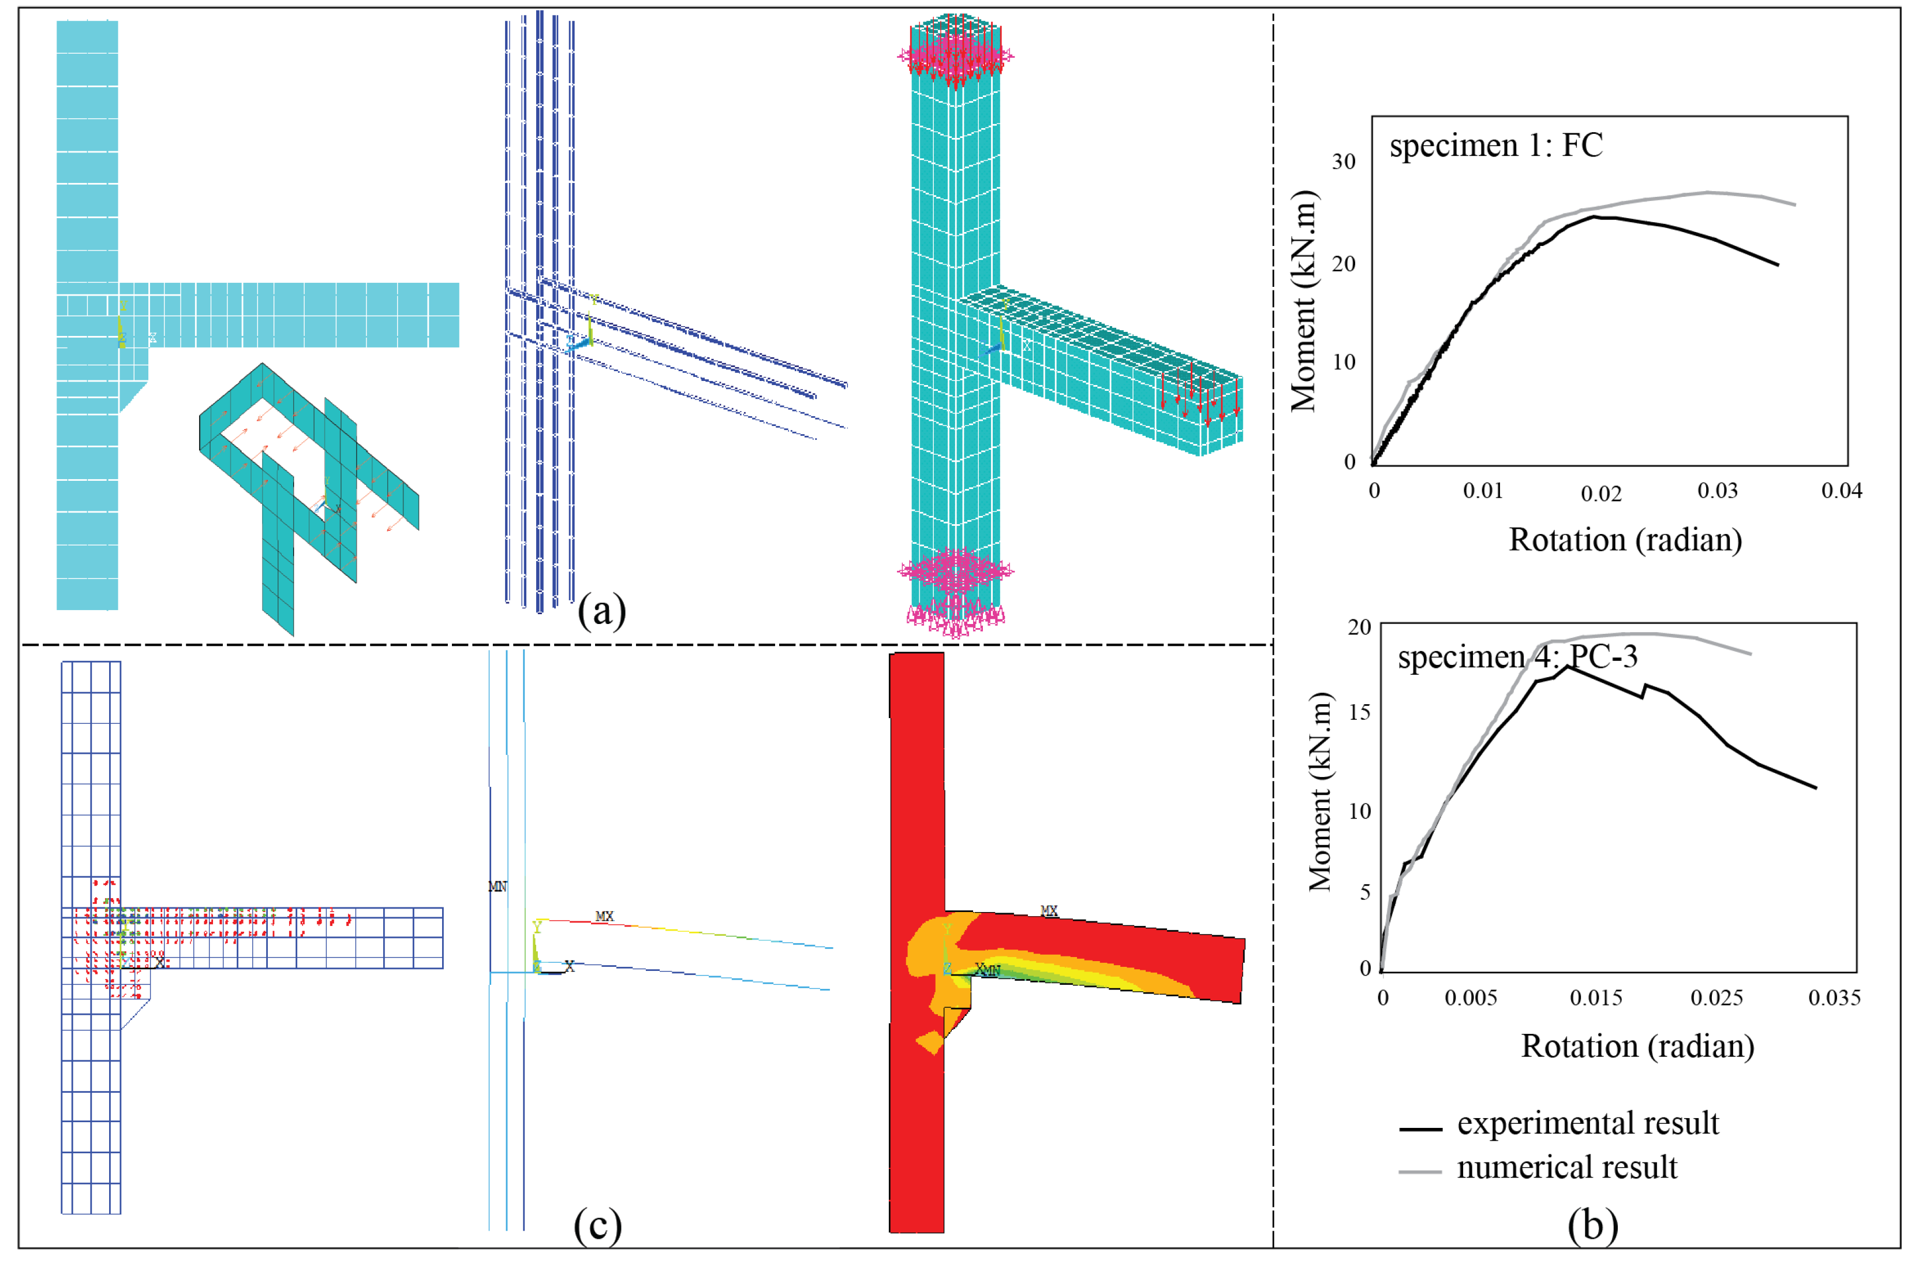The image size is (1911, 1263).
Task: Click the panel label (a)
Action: tap(601, 611)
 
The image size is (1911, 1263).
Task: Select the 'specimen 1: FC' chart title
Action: tap(1495, 146)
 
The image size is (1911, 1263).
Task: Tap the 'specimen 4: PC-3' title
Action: tap(1517, 657)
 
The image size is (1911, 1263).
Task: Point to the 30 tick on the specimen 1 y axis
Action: tap(1343, 162)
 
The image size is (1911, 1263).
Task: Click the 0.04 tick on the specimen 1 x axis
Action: tap(1841, 491)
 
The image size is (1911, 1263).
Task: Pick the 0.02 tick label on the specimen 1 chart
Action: tap(1600, 494)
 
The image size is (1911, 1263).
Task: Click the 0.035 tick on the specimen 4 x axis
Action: tap(1834, 998)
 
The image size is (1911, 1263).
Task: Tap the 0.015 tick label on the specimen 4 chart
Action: tap(1595, 998)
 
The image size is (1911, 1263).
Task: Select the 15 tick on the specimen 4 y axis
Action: tap(1359, 712)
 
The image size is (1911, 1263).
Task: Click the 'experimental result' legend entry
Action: tap(1587, 1124)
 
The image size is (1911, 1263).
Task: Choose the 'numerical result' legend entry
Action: tap(1566, 1167)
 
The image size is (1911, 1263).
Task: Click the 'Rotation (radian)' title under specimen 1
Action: tap(1624, 540)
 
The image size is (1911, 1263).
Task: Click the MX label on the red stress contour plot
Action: tap(1049, 910)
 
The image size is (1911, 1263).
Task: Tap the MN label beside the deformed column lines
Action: tap(497, 886)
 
